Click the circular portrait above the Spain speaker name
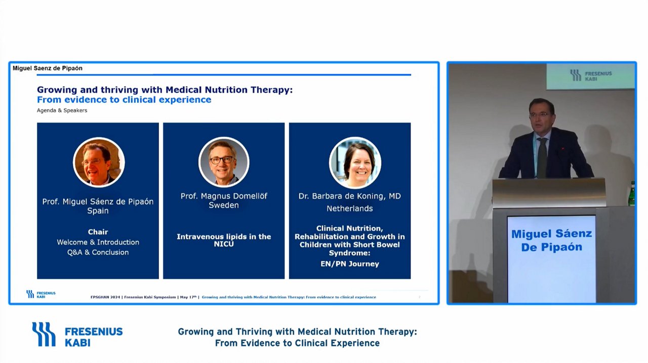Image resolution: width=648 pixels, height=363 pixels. [99, 162]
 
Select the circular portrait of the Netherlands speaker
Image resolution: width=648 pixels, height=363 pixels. [355, 163]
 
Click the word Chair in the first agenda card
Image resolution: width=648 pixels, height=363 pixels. [98, 232]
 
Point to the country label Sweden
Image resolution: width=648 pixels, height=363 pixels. [224, 205]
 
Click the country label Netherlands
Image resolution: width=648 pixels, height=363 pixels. [350, 208]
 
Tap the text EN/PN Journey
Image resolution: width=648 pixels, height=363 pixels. [350, 264]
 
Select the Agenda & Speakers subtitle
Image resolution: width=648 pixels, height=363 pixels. [62, 110]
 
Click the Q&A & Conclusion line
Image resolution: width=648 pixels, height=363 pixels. [98, 252]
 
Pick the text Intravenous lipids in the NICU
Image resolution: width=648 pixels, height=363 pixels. [224, 240]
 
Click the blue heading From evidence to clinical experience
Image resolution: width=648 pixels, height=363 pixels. [124, 100]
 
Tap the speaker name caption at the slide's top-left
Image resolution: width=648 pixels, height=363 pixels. [48, 68]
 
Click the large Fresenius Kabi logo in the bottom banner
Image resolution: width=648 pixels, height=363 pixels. [77, 334]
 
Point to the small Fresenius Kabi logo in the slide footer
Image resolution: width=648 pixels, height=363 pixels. [41, 294]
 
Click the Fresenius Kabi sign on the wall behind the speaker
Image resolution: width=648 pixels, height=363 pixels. [590, 76]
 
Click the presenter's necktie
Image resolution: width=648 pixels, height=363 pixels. [542, 157]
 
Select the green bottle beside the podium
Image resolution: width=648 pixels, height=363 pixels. [632, 194]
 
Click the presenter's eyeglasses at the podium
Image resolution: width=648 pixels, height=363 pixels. [539, 115]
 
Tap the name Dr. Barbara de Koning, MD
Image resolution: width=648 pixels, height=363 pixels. [350, 196]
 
